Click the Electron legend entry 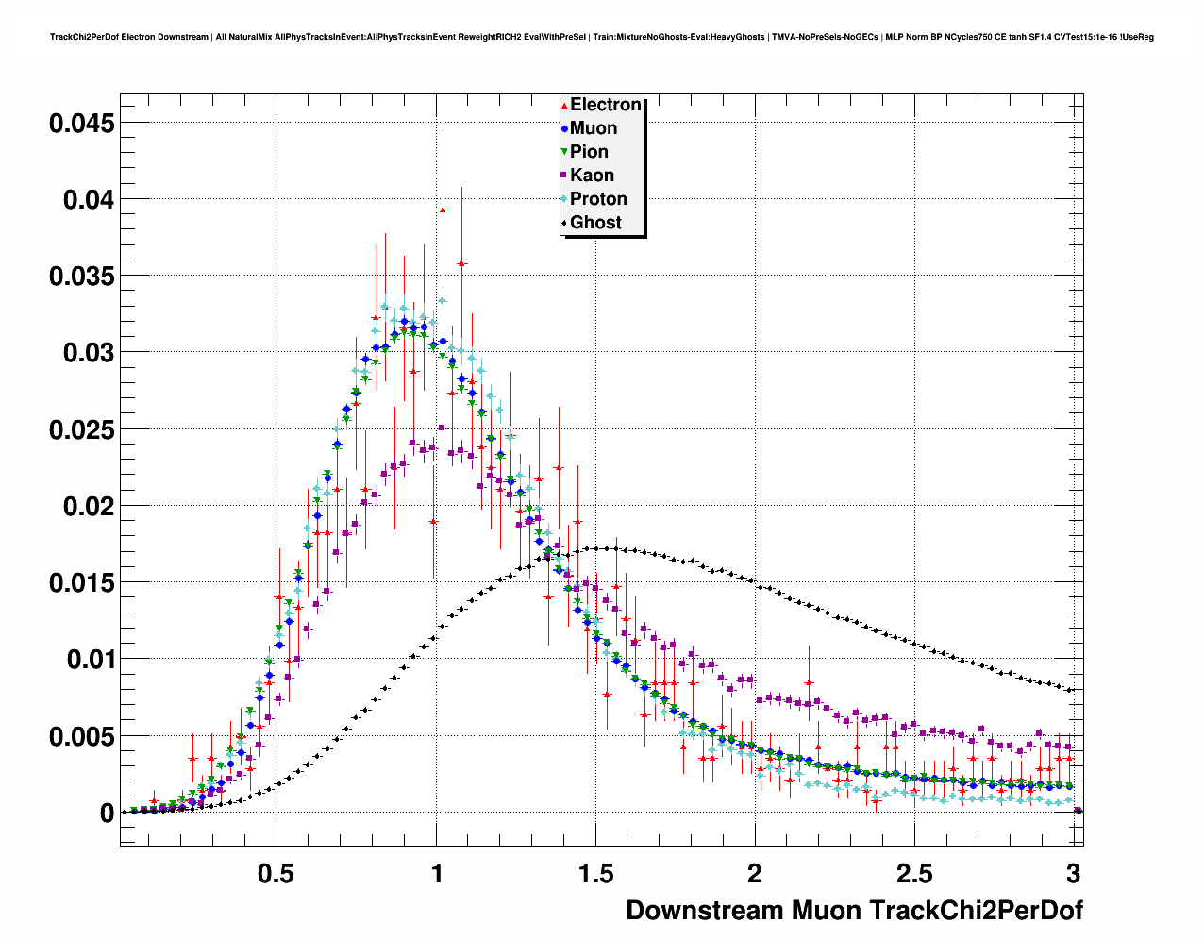pyautogui.click(x=604, y=105)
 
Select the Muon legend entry pyautogui.click(x=593, y=128)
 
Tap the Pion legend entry pyautogui.click(x=588, y=152)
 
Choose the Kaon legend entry pyautogui.click(x=591, y=176)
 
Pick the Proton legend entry pyautogui.click(x=597, y=199)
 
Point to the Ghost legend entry pyautogui.click(x=594, y=223)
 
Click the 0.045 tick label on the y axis pyautogui.click(x=82, y=123)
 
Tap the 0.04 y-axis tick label pyautogui.click(x=89, y=199)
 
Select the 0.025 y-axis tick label pyautogui.click(x=82, y=429)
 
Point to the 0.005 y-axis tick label pyautogui.click(x=82, y=736)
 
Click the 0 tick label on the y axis pyautogui.click(x=107, y=813)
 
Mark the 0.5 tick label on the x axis pyautogui.click(x=276, y=874)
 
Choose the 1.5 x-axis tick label pyautogui.click(x=595, y=874)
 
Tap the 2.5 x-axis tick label pyautogui.click(x=914, y=874)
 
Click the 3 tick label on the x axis pyautogui.click(x=1074, y=874)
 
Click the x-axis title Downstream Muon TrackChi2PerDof pyautogui.click(x=854, y=911)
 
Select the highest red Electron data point pyautogui.click(x=443, y=210)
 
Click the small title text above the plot pyautogui.click(x=602, y=37)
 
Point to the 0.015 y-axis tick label pyautogui.click(x=82, y=583)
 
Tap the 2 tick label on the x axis pyautogui.click(x=755, y=874)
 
